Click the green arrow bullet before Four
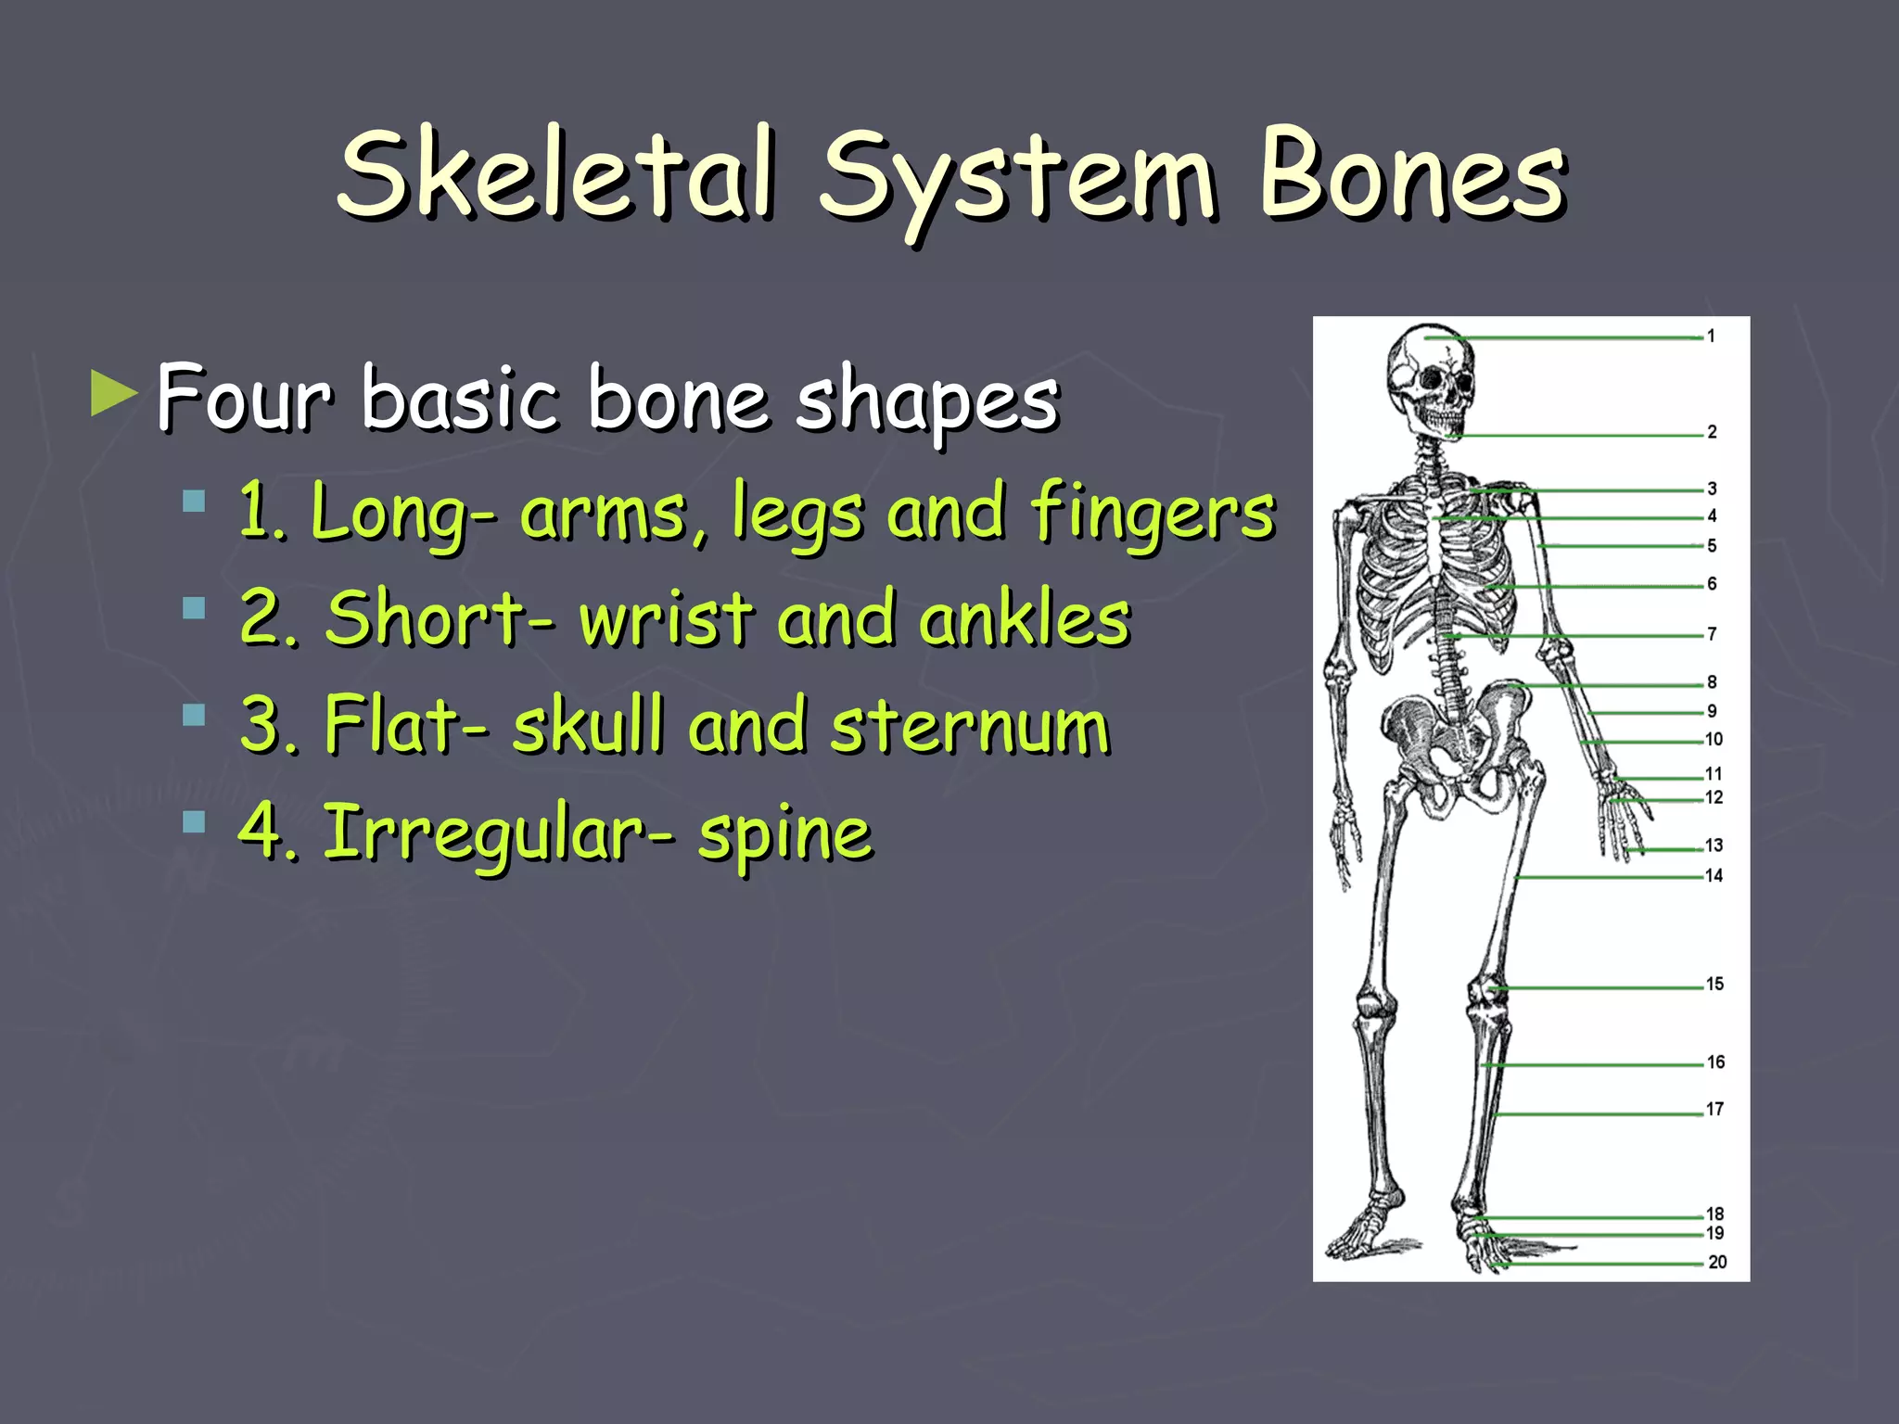[x=114, y=394]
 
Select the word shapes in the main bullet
[x=927, y=400]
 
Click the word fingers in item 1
[x=1153, y=513]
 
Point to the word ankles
[x=1024, y=618]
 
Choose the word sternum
[x=970, y=725]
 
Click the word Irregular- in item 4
[x=498, y=833]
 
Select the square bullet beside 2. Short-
[x=194, y=608]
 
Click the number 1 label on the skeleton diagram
[x=1711, y=337]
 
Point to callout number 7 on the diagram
[x=1712, y=634]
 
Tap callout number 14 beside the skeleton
[x=1714, y=875]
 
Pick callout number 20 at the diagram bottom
[x=1717, y=1262]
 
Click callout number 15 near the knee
[x=1714, y=984]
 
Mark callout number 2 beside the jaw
[x=1712, y=432]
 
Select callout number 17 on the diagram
[x=1714, y=1109]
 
